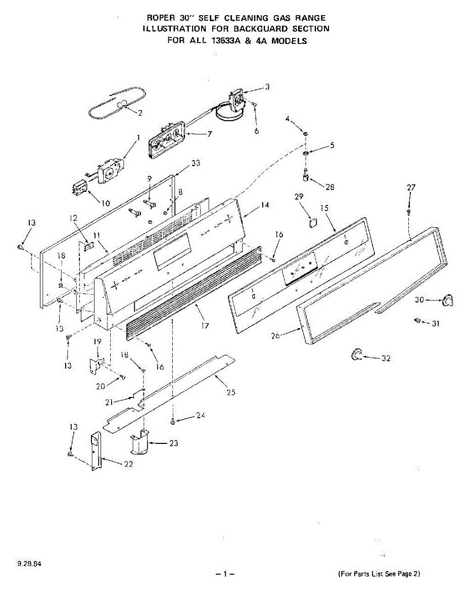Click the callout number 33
[196, 163]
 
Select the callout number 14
[265, 206]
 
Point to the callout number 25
[231, 392]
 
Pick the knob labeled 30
[447, 300]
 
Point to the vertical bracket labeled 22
[96, 451]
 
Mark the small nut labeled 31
[418, 321]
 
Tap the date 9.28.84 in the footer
[28, 564]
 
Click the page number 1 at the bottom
[225, 574]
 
